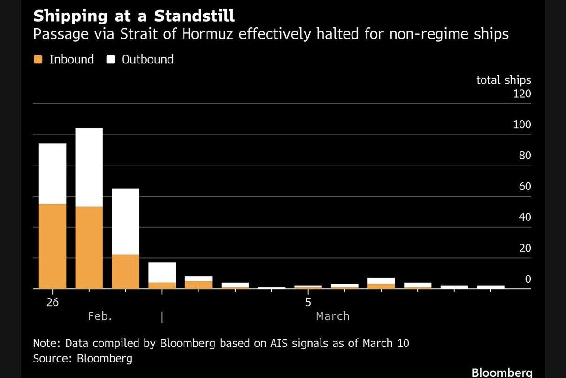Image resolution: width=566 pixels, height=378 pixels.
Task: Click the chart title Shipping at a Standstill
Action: click(134, 16)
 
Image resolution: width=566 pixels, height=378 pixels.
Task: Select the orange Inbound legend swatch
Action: click(38, 60)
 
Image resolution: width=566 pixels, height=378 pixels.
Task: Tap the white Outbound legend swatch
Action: click(111, 60)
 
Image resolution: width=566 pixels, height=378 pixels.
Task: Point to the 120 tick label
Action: click(522, 94)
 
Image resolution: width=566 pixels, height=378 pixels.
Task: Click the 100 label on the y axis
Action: click(522, 125)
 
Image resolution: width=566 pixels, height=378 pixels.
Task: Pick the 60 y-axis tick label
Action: click(524, 186)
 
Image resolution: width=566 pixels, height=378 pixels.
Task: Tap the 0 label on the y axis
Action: click(528, 279)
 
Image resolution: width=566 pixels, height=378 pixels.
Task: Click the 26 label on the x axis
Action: click(53, 302)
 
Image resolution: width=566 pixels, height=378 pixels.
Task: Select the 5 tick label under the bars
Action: click(308, 302)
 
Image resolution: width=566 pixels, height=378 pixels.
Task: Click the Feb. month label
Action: click(100, 316)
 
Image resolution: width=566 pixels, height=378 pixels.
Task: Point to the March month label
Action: click(333, 316)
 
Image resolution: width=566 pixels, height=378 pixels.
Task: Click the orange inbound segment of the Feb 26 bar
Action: click(53, 246)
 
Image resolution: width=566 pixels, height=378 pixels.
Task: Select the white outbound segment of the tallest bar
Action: click(89, 167)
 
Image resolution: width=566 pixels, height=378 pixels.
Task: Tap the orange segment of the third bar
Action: click(125, 271)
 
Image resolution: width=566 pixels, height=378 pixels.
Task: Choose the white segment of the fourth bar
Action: click(162, 272)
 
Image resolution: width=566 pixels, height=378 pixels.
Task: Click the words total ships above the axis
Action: click(504, 80)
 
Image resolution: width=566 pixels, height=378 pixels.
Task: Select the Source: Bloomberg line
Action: click(83, 359)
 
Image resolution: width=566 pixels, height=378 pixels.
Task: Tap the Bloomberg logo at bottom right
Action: click(502, 372)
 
